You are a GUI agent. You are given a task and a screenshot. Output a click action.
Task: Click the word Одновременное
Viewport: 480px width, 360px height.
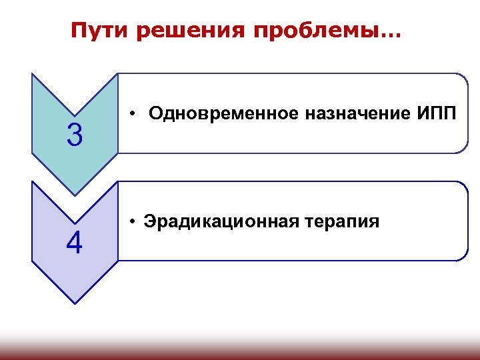point(224,113)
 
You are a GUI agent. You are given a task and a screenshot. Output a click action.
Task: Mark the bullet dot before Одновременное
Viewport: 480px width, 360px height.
point(134,114)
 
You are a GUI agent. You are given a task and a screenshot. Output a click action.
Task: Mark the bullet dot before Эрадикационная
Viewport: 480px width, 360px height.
point(134,221)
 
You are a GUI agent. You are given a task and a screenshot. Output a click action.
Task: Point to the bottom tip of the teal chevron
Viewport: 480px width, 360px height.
point(75,195)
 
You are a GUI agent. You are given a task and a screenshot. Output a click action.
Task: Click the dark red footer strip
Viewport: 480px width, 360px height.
point(240,352)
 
